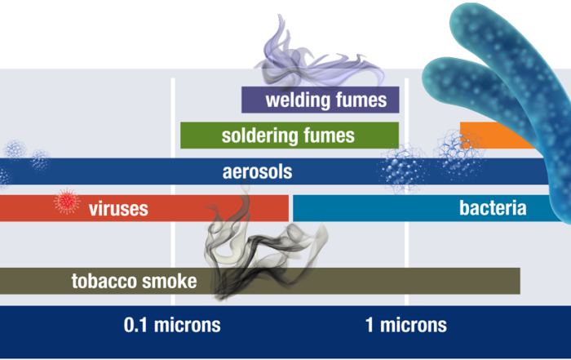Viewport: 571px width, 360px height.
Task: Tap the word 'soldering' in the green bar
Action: pyautogui.click(x=259, y=136)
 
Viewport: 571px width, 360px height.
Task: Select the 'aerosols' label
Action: pyautogui.click(x=257, y=171)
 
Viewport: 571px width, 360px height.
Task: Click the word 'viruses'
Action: pyautogui.click(x=118, y=209)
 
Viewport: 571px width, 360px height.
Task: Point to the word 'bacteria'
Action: pyautogui.click(x=493, y=208)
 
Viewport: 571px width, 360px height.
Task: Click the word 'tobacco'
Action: pyautogui.click(x=104, y=281)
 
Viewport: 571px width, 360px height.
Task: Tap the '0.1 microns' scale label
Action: pyautogui.click(x=172, y=325)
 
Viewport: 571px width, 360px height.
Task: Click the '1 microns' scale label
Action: pyautogui.click(x=406, y=325)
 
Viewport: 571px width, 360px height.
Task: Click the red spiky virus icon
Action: pyautogui.click(x=67, y=201)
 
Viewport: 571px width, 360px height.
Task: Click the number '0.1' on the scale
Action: pyautogui.click(x=135, y=325)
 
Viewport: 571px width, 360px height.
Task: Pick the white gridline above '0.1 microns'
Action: pyautogui.click(x=173, y=192)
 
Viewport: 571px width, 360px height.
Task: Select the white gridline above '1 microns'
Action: pyautogui.click(x=406, y=192)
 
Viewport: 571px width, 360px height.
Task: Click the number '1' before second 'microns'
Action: pyautogui.click(x=370, y=325)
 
